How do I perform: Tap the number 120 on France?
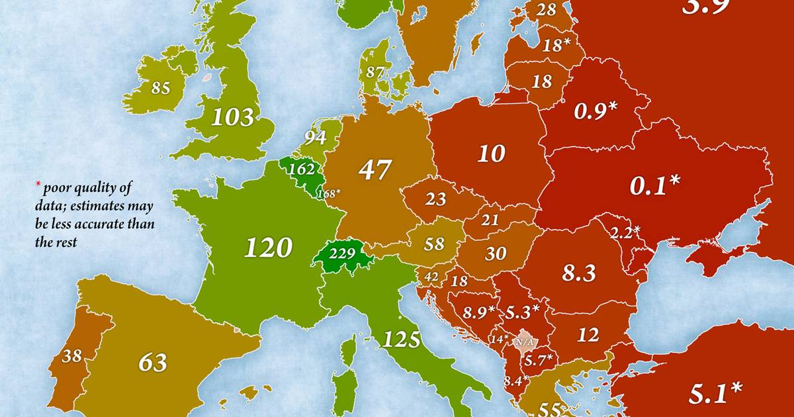pyautogui.click(x=268, y=248)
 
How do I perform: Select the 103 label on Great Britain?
pyautogui.click(x=232, y=118)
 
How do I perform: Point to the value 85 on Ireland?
pyautogui.click(x=161, y=88)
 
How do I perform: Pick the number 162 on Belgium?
pyautogui.click(x=302, y=169)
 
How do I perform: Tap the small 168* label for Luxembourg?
pyautogui.click(x=328, y=193)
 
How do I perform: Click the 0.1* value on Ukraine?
pyautogui.click(x=654, y=186)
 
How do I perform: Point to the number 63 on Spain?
pyautogui.click(x=152, y=362)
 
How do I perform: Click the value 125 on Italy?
pyautogui.click(x=402, y=340)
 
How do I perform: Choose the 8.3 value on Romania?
pyautogui.click(x=579, y=273)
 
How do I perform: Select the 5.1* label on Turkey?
pyautogui.click(x=714, y=393)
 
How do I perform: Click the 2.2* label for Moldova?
pyautogui.click(x=625, y=232)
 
